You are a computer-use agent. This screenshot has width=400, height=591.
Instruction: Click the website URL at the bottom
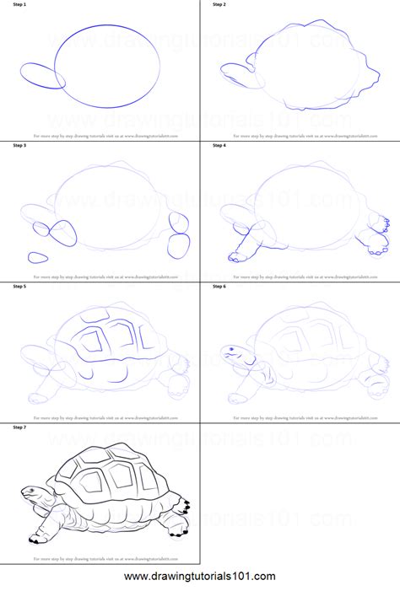[200, 577]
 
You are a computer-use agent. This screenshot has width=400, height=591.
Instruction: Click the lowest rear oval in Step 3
[179, 246]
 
